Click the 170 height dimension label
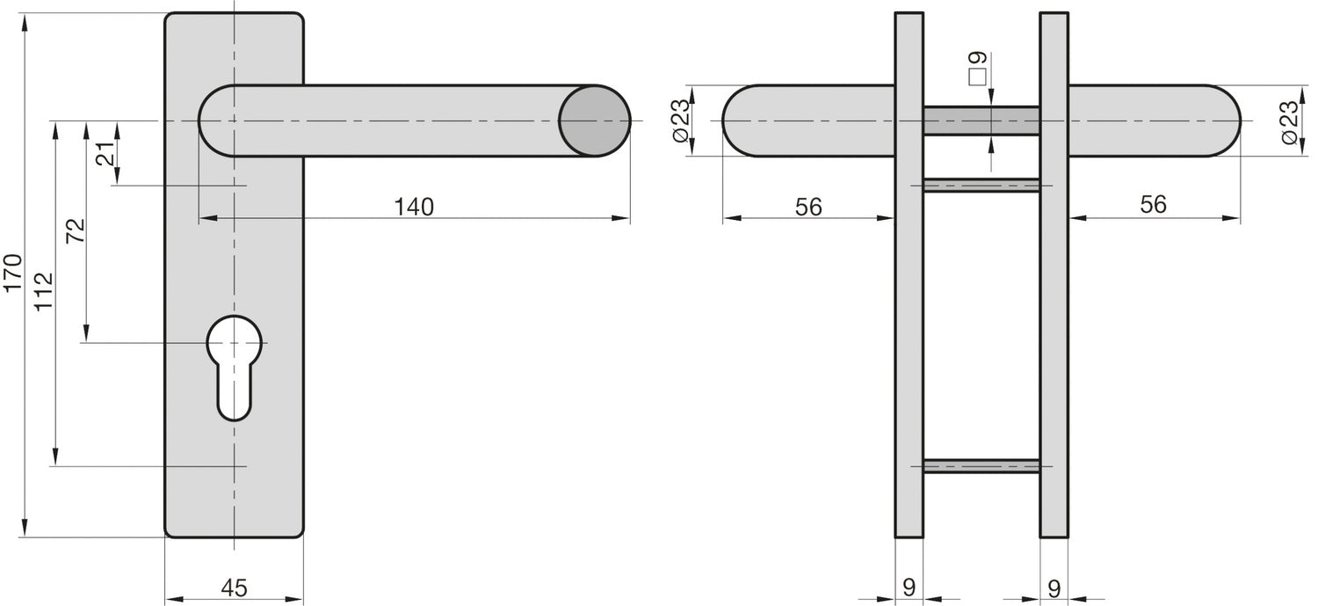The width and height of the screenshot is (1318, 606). (x=13, y=272)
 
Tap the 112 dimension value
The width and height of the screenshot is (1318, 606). (x=44, y=291)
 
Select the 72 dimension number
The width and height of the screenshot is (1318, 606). (x=76, y=230)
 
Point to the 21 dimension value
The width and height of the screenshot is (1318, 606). (x=105, y=154)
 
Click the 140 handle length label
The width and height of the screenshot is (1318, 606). (x=414, y=207)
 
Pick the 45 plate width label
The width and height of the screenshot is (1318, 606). (x=235, y=588)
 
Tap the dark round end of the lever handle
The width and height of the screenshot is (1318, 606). (x=594, y=120)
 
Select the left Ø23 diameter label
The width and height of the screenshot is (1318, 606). (x=680, y=120)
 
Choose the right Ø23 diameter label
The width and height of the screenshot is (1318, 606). (x=1289, y=122)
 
